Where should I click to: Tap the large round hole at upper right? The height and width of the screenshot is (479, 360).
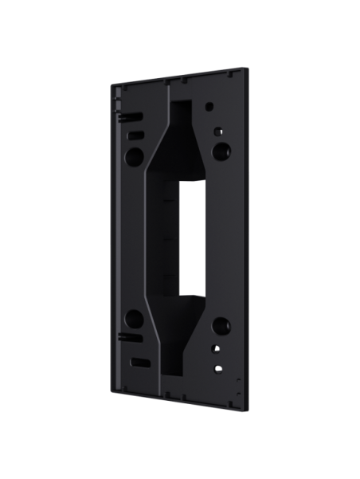coord(219,149)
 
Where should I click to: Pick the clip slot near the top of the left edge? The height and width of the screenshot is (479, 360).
coord(124,115)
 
